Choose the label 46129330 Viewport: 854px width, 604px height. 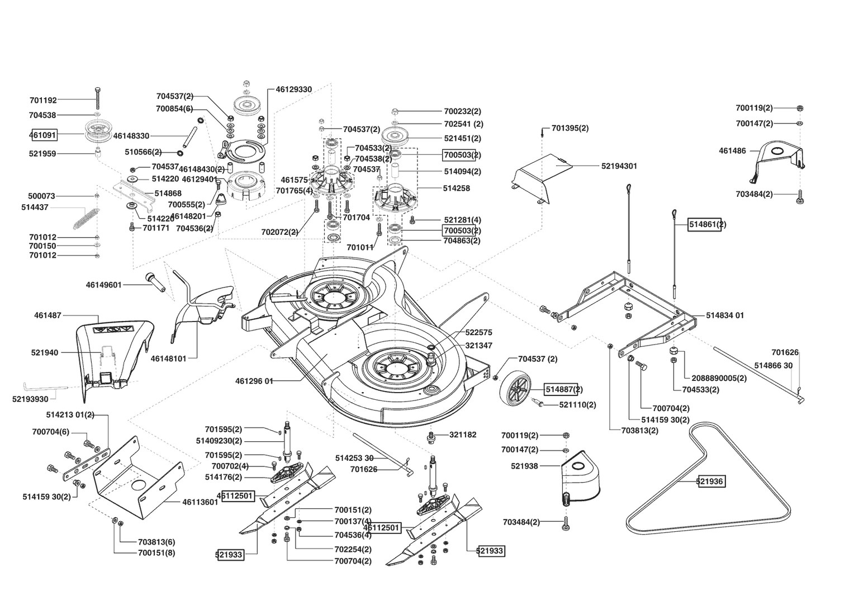tap(293, 89)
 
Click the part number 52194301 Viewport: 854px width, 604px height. tap(619, 166)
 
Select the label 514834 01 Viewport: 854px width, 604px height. tap(725, 315)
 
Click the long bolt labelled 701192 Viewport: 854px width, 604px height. tap(98, 99)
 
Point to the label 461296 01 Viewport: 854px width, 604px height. tap(254, 381)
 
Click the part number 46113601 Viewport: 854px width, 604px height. tap(200, 502)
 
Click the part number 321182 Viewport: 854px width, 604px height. tap(463, 435)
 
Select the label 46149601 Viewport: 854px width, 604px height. tap(104, 285)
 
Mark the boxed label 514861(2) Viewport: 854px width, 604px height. tap(705, 225)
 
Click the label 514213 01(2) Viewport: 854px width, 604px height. tap(70, 415)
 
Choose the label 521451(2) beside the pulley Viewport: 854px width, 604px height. tap(462, 139)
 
